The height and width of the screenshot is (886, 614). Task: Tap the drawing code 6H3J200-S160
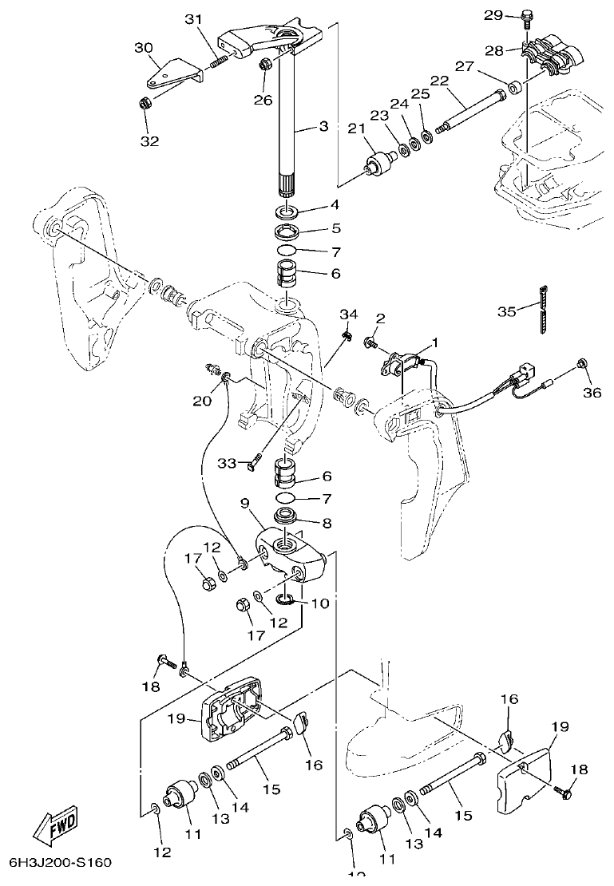coord(60,863)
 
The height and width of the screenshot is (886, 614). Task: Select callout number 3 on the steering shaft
coord(323,126)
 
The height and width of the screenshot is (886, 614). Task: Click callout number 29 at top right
coord(493,15)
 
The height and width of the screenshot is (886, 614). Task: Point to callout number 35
coord(507,311)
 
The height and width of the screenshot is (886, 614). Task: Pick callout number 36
coord(591,392)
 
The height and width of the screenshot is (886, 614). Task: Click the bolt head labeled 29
coord(526,14)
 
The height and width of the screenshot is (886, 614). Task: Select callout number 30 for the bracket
coord(144,48)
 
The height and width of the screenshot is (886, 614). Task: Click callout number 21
coord(355,129)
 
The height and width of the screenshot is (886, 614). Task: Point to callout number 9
coord(246,504)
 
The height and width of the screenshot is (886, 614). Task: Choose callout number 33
coord(228,463)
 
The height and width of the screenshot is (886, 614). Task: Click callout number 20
coord(202,401)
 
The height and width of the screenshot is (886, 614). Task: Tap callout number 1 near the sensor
coord(435,343)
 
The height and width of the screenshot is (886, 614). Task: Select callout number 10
coord(319,603)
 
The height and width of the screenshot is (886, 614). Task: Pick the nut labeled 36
coord(583,365)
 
